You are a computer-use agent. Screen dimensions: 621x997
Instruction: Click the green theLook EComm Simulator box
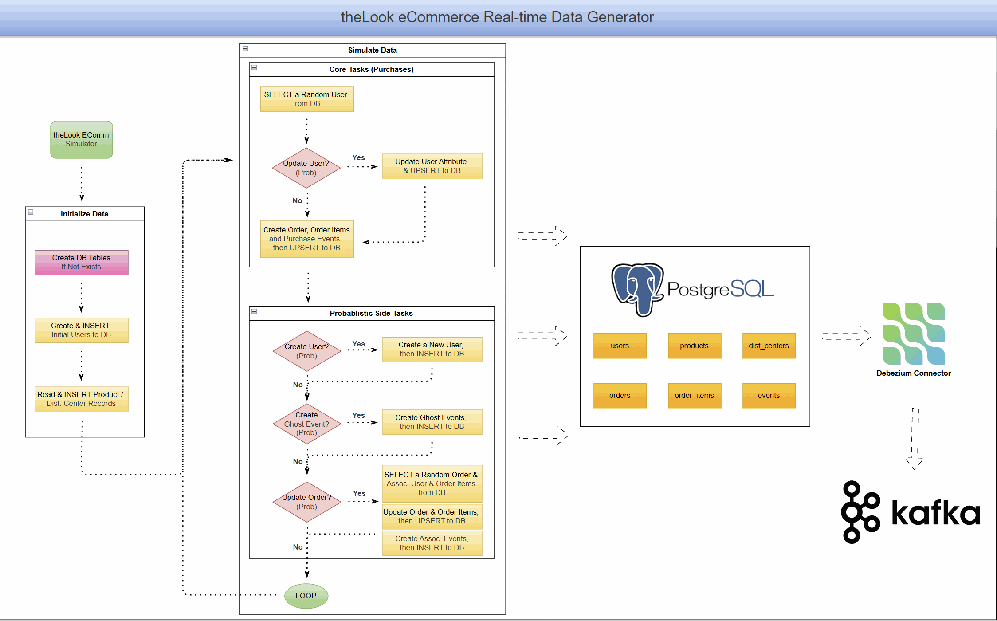(x=81, y=139)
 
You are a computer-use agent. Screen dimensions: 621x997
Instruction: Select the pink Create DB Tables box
(x=81, y=262)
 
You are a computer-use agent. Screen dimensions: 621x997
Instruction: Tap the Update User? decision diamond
(x=306, y=168)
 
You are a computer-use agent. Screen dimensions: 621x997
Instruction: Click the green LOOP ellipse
(x=306, y=596)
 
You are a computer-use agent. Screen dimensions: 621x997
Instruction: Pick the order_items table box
(x=694, y=395)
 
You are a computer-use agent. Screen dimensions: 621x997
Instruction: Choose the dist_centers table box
(x=769, y=346)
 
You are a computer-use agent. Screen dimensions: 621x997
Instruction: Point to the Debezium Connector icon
(x=914, y=333)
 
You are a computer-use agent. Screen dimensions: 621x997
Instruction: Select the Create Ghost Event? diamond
(x=306, y=424)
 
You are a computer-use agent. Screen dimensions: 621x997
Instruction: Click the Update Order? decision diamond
(x=306, y=502)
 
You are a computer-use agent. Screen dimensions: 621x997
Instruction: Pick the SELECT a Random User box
(x=306, y=99)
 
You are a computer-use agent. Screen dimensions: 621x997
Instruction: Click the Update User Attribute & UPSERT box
(x=432, y=166)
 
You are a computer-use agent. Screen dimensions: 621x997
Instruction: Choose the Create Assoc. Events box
(x=432, y=543)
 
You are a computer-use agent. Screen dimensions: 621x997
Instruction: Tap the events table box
(x=769, y=395)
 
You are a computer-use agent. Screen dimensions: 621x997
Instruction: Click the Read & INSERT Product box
(x=81, y=399)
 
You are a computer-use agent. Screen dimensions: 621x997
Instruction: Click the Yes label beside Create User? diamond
(x=358, y=344)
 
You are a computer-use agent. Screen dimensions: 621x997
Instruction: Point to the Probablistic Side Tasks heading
(x=371, y=313)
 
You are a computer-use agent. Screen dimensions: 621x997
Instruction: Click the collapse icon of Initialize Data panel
(x=31, y=212)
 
